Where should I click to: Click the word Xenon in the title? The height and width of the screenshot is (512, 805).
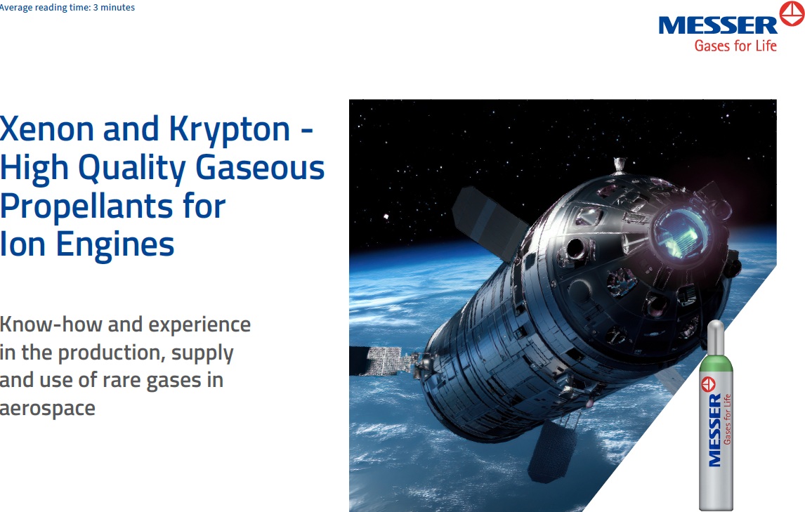coord(47,129)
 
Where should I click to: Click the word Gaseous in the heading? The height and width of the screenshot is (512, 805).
coord(260,167)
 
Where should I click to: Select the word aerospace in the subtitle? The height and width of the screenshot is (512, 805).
coord(48,409)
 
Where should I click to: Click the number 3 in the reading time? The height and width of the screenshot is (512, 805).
coord(96,8)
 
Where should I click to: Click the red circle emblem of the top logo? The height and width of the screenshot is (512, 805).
coord(792,13)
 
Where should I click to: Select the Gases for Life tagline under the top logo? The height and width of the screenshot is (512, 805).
coord(735,46)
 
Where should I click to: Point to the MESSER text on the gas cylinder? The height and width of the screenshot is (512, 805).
coord(714,431)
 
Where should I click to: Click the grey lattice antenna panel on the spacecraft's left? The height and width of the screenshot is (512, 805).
coord(384,360)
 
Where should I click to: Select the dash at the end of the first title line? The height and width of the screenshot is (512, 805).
coord(306,131)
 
